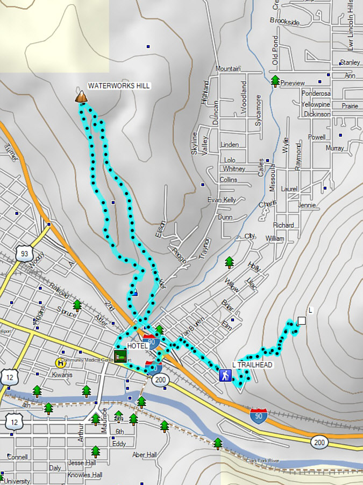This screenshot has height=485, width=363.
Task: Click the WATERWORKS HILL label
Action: [119, 86]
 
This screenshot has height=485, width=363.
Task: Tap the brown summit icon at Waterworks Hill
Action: [81, 97]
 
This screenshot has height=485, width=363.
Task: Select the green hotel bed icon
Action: [122, 357]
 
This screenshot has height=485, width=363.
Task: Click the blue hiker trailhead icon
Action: [225, 375]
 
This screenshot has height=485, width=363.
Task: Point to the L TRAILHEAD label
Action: [252, 365]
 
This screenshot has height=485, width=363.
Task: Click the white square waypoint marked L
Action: [302, 321]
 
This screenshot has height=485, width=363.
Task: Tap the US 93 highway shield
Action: [23, 254]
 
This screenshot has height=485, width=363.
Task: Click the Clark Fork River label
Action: [263, 461]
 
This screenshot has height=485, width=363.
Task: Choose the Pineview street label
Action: [293, 83]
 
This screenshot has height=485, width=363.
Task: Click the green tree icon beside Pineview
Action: [275, 81]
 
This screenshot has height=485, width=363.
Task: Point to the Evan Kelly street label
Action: [222, 200]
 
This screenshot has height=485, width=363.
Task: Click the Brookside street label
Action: [284, 22]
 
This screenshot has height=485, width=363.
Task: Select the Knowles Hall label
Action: [85, 475]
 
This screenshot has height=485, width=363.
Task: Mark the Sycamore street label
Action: [259, 110]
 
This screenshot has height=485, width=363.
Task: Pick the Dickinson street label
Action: [317, 114]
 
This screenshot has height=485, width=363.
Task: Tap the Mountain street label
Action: [227, 68]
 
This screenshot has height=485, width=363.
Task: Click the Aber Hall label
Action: [145, 455]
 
